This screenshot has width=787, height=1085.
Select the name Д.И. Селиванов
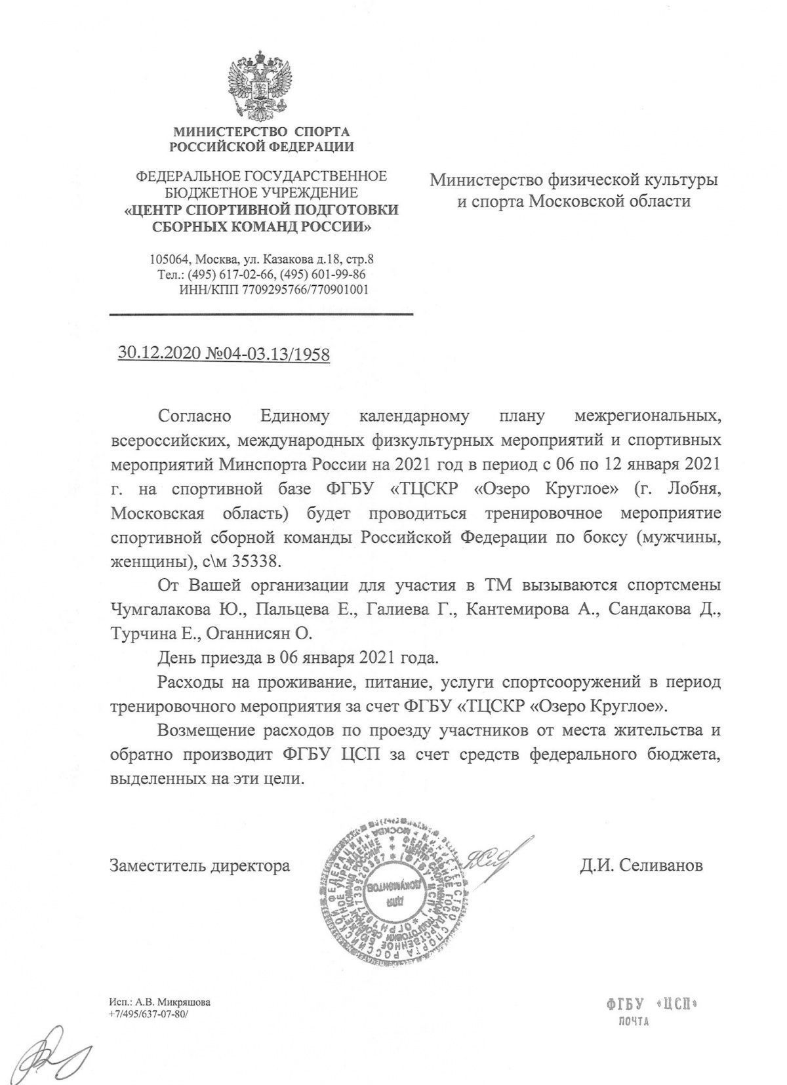(641, 865)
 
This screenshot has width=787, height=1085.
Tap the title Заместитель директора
(200, 865)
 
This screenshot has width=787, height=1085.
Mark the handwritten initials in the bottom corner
(52, 1053)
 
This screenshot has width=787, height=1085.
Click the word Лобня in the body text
(686, 489)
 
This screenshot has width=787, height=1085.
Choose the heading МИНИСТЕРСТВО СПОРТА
(261, 132)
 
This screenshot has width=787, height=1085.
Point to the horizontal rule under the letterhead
(261, 315)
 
